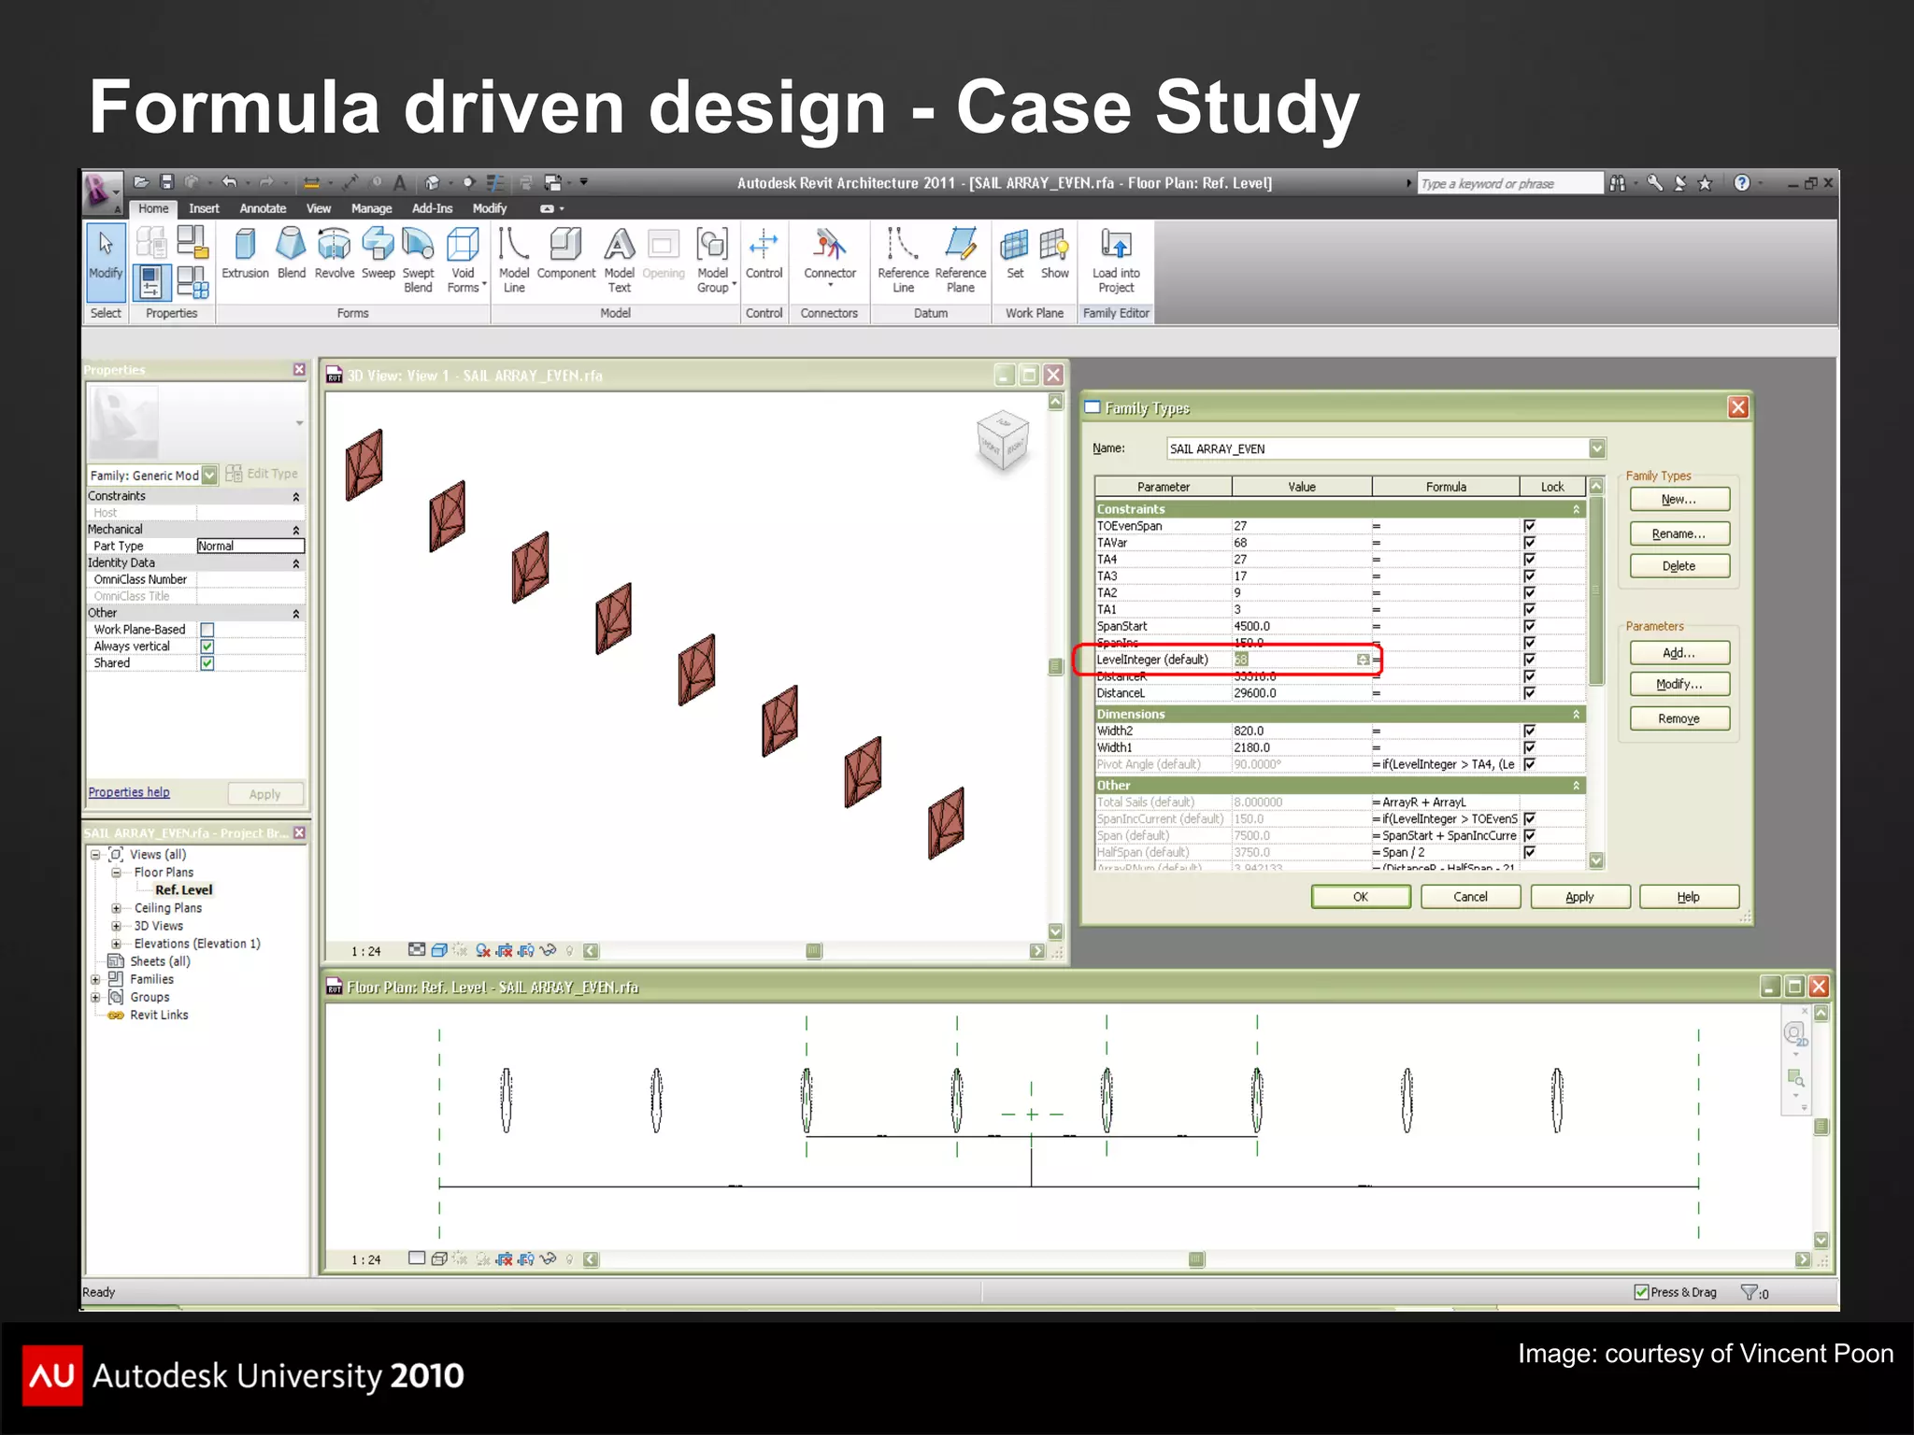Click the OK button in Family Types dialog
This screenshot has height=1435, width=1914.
tap(1360, 897)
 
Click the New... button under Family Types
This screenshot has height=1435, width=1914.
tap(1678, 500)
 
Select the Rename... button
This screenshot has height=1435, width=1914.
tap(1678, 533)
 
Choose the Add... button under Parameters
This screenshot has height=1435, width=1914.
tap(1678, 653)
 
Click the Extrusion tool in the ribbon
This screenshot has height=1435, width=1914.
tap(245, 253)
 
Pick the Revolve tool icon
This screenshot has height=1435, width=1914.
tap(334, 253)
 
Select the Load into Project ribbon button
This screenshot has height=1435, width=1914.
tap(1116, 260)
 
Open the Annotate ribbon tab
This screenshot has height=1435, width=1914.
tap(263, 208)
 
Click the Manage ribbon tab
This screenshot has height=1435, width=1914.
tap(371, 208)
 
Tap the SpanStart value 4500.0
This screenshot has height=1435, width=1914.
tap(1252, 626)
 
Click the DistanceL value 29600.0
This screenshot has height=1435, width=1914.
tap(1255, 693)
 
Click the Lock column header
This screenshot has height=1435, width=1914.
tap(1551, 487)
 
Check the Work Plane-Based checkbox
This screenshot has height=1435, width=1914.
tap(207, 630)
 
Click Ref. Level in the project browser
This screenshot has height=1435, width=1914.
tap(183, 890)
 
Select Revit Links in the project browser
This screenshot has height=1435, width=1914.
tap(159, 1016)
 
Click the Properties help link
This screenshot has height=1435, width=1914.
tap(129, 792)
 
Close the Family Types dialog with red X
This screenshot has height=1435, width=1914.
tap(1737, 407)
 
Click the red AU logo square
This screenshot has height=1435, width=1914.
tap(52, 1374)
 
